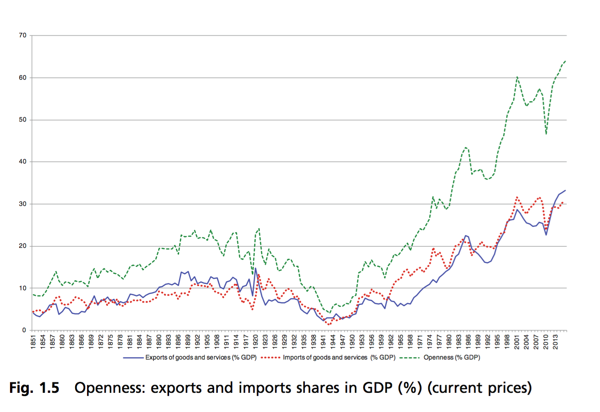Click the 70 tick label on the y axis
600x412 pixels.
22,36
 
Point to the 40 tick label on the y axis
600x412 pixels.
22,162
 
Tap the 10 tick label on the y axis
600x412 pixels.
22,288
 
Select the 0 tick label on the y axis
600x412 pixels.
24,330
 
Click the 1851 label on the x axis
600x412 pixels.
33,341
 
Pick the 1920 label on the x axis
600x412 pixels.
256,341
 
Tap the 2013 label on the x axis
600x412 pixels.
555,341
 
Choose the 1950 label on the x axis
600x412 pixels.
352,341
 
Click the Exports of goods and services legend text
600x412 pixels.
201,358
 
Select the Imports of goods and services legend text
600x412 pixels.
338,358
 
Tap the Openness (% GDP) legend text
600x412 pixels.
451,358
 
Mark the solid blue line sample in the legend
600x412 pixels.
133,358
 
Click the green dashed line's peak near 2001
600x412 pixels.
517,77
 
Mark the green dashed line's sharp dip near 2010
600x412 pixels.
546,134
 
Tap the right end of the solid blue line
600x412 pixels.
565,190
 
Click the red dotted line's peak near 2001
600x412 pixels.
517,197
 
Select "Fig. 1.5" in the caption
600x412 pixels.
34,388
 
